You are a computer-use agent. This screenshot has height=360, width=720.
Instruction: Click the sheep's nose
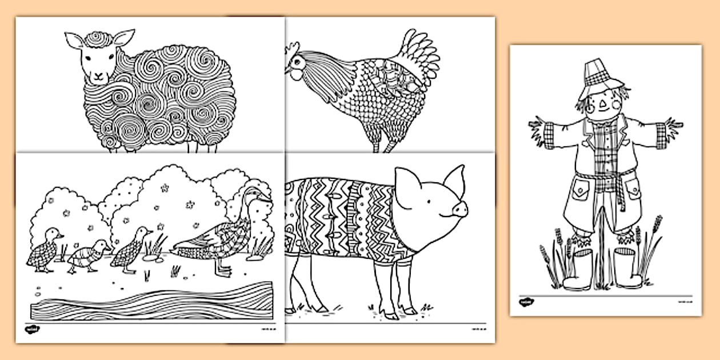(98, 74)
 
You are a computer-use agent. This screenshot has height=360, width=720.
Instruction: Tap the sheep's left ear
(73, 41)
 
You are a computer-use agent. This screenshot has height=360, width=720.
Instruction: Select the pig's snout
(460, 210)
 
